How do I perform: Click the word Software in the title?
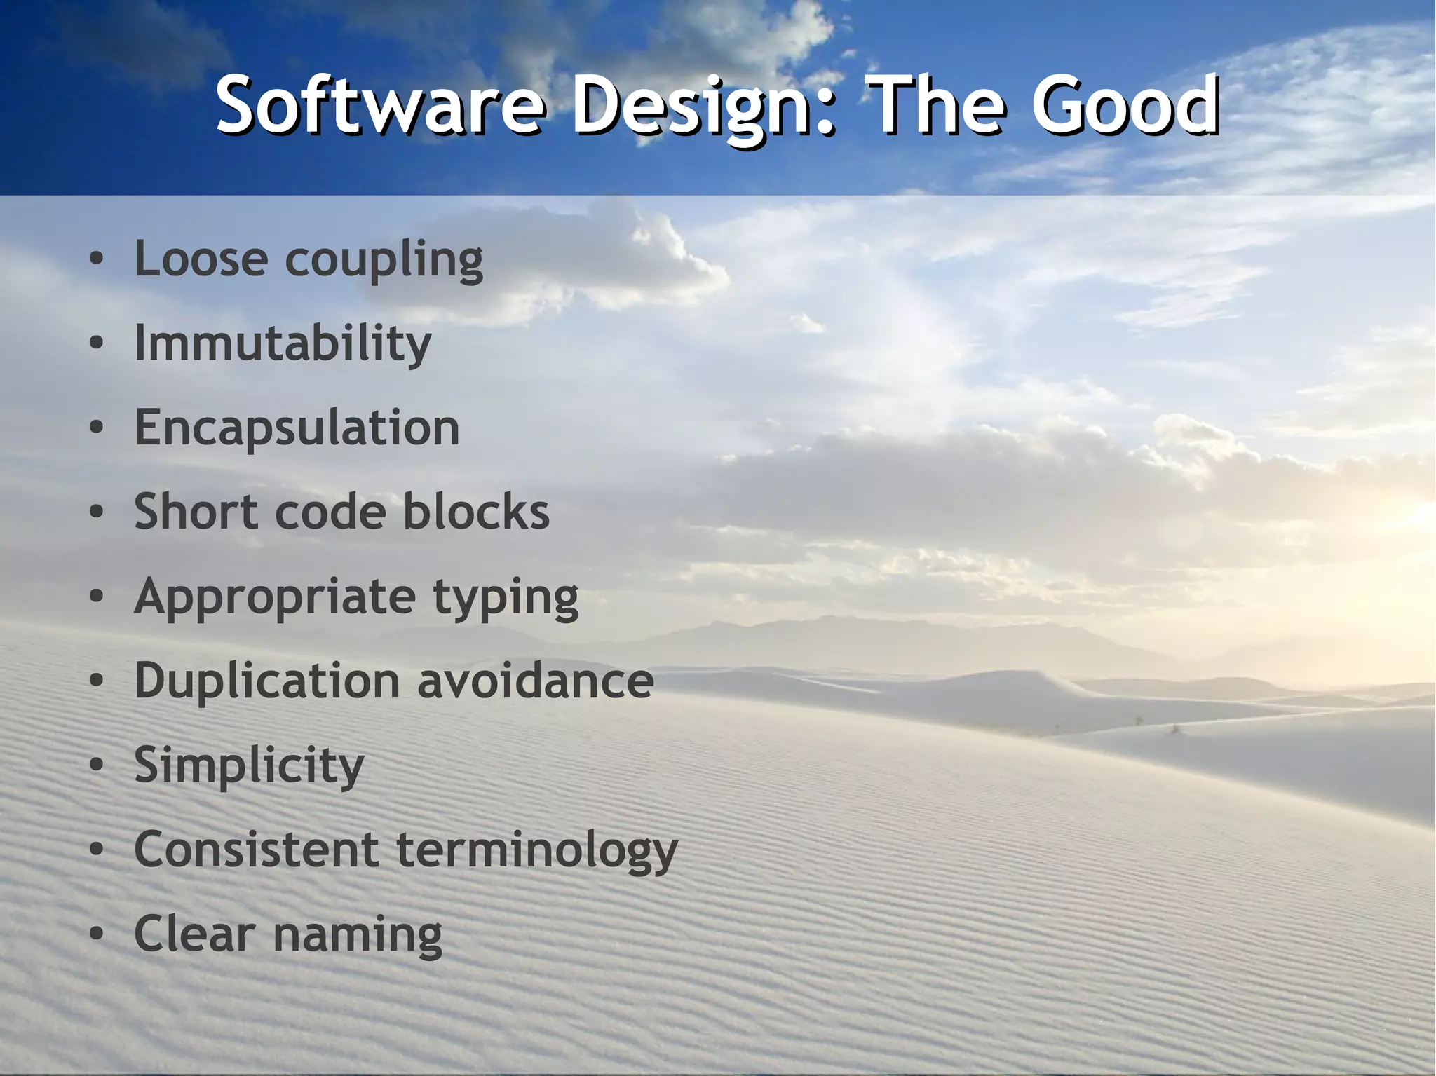pos(379,107)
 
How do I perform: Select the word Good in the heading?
pos(1125,107)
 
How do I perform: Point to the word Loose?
pos(201,259)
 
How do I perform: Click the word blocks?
pos(476,512)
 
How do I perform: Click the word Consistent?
pos(257,850)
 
